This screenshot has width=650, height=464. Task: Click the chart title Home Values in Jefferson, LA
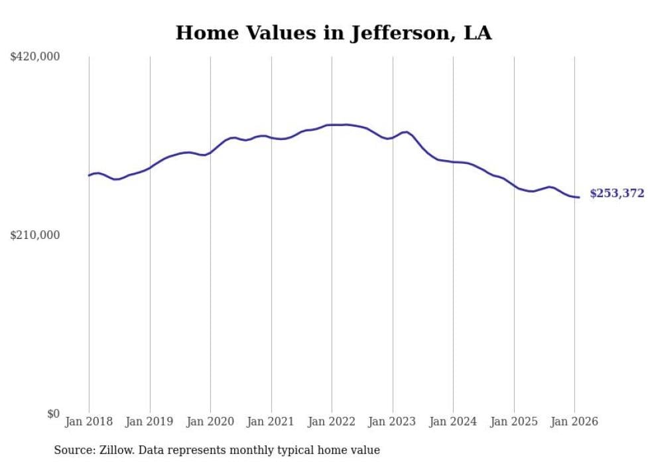(334, 33)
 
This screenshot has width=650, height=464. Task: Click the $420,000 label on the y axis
(35, 57)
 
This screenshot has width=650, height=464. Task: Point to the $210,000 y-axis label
(35, 235)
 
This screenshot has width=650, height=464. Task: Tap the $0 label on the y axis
(53, 414)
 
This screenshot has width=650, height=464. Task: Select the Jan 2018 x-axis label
(89, 422)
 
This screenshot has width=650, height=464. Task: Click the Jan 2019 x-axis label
(150, 422)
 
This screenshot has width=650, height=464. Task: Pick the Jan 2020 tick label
(210, 422)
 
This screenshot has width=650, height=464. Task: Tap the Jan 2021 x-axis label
(271, 422)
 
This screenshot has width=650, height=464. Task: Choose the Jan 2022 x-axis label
(332, 422)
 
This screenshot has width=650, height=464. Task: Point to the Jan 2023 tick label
(393, 422)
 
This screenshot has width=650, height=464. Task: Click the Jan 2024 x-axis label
(453, 422)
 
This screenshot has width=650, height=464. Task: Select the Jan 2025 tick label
(514, 422)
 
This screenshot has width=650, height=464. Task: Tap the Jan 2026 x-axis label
(574, 422)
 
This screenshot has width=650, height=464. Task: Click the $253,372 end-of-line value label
(617, 194)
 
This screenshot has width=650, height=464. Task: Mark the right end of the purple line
(579, 197)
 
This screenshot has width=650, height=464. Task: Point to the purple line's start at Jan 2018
(89, 175)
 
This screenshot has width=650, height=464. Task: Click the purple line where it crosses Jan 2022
(332, 125)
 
